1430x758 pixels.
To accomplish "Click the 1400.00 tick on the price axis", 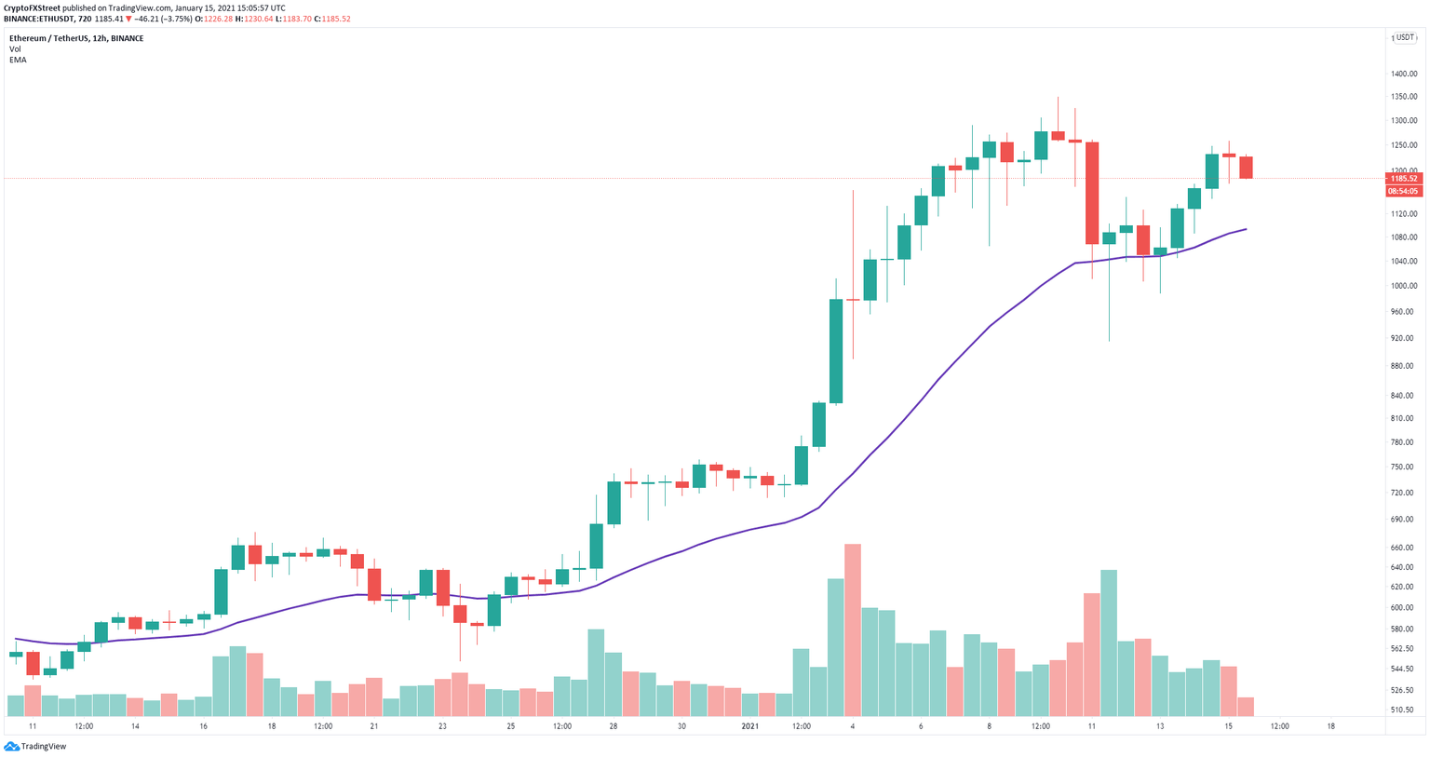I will click(x=1404, y=74).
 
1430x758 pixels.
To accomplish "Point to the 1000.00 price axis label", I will click(x=1404, y=286).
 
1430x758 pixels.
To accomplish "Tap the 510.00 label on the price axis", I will click(x=1404, y=710).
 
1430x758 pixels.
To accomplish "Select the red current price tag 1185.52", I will click(x=1403, y=178).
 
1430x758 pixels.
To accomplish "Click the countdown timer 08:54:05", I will click(x=1403, y=191).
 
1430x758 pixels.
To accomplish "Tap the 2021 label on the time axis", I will click(x=750, y=726).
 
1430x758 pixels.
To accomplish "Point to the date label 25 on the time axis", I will click(x=511, y=726).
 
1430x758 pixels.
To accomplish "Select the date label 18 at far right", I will click(x=1330, y=726).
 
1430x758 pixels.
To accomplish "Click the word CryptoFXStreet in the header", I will click(x=33, y=7).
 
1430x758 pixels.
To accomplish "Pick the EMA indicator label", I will click(x=18, y=60).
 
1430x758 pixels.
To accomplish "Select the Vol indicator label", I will click(x=15, y=49).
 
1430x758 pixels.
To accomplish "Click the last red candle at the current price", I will click(x=1246, y=168).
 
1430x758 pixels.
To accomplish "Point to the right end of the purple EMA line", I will click(x=1246, y=229).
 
